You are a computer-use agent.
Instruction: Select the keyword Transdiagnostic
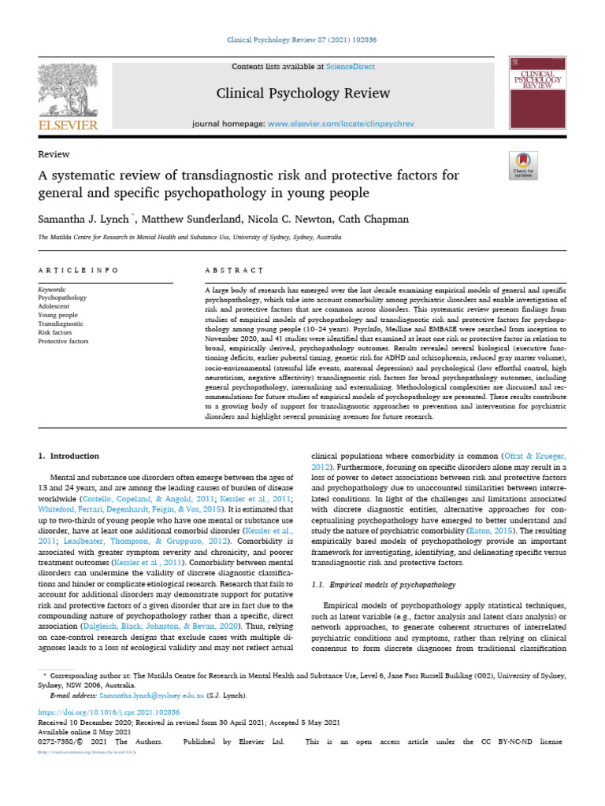[61, 322]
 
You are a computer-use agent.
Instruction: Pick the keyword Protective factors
[64, 342]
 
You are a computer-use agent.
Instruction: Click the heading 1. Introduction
[69, 456]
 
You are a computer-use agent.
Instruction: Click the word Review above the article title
[54, 154]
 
